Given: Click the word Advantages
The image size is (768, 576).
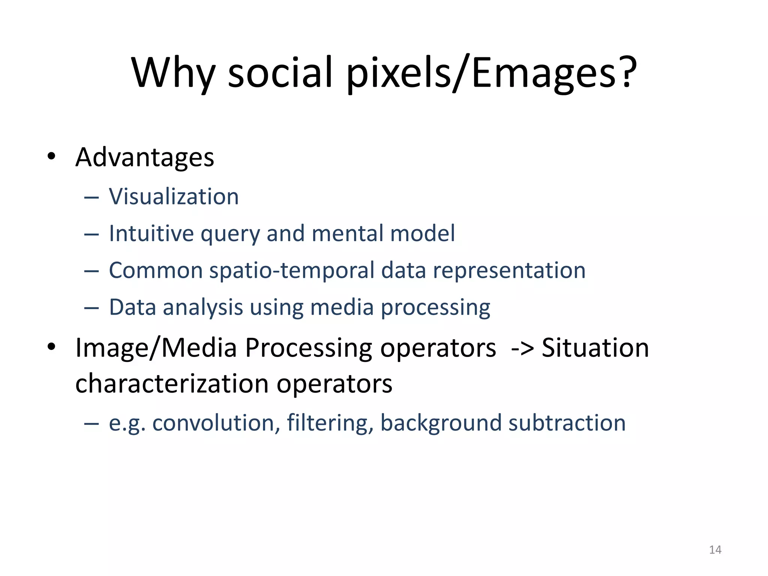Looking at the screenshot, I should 145,157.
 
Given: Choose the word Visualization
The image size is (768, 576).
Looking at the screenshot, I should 174,196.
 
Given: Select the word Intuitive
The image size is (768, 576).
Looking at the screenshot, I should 151,233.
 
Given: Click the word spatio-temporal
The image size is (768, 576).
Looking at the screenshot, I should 291,270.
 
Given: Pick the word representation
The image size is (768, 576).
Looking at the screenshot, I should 509,270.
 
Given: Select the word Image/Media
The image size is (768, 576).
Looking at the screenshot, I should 156,348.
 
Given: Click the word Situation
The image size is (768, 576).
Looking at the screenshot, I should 595,348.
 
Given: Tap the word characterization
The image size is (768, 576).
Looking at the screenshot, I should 172,384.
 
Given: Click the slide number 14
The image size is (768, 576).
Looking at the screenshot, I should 715,550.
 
